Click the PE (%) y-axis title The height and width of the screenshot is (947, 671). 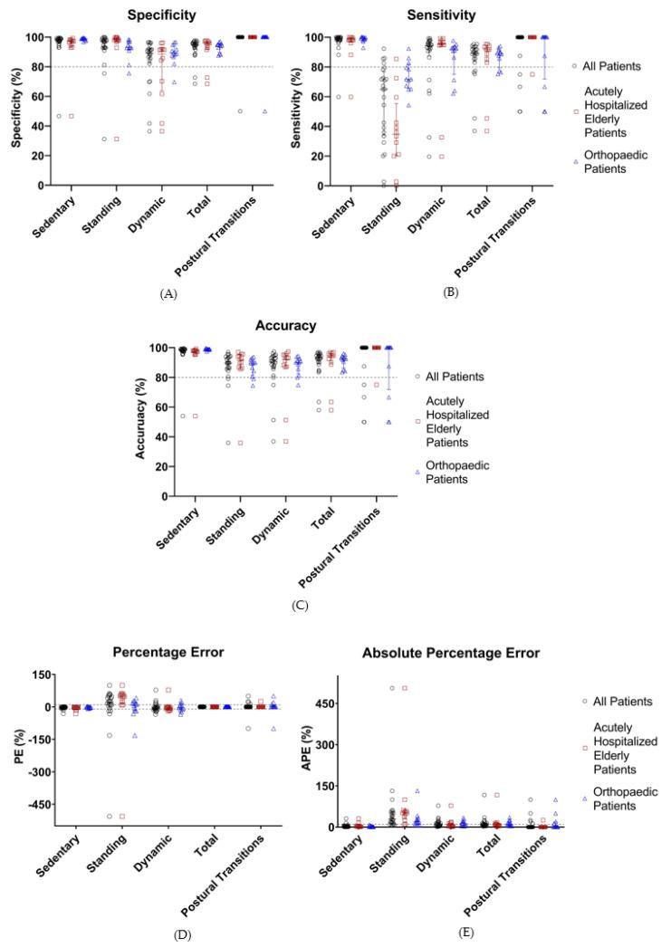tap(17, 751)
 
